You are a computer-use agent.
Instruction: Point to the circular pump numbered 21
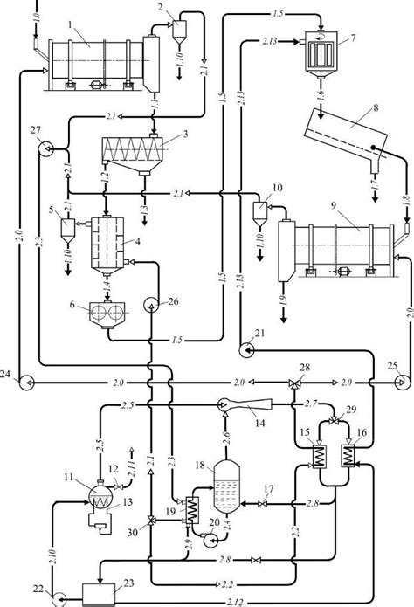pyautogui.click(x=245, y=350)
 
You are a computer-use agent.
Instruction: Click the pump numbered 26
pyautogui.click(x=152, y=305)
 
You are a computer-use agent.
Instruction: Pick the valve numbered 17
pyautogui.click(x=265, y=504)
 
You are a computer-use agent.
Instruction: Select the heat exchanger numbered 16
pyautogui.click(x=350, y=456)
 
